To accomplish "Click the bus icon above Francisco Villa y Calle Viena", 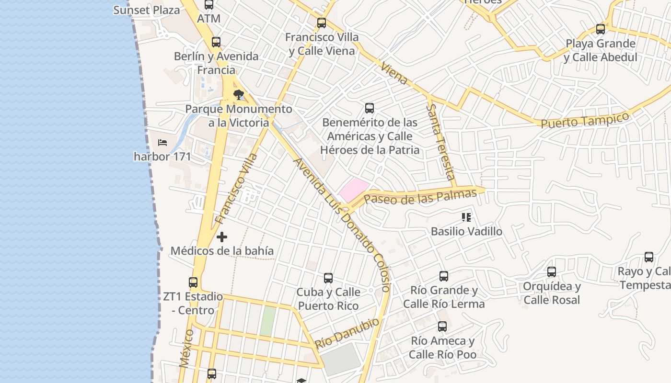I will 322,23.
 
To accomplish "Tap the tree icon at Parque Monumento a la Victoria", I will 238,95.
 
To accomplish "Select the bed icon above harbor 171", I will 162,142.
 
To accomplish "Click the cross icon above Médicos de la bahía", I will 222,237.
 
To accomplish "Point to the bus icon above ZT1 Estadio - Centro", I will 193,282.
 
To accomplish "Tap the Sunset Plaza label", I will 147,10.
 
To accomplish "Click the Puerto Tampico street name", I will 585,120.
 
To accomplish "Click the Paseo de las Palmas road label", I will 420,197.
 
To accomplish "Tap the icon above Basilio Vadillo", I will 466,218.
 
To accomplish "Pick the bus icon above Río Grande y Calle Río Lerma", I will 444,276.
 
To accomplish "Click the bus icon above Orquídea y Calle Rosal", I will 552,272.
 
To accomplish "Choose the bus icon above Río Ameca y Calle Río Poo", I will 442,327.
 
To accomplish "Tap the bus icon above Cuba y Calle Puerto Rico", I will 328,278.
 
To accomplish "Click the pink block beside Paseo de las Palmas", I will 354,190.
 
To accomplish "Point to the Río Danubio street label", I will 347,333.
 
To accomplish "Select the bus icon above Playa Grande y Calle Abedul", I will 601,29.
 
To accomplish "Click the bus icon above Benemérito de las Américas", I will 369,108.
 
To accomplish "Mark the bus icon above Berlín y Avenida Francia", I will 216,42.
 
